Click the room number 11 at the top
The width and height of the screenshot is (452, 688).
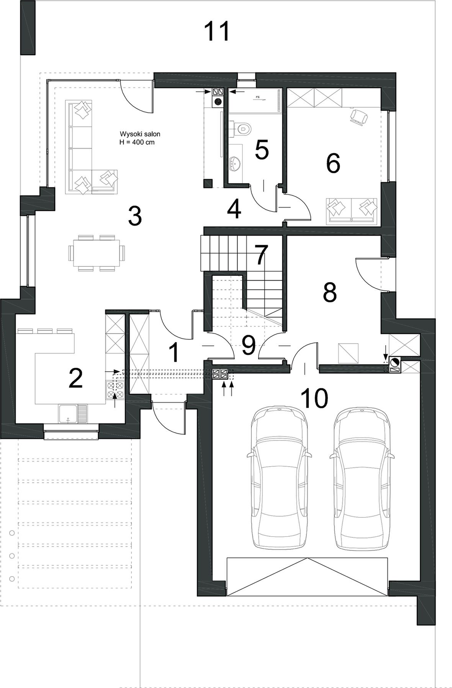coord(217,31)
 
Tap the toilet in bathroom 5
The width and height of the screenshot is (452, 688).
coord(241,128)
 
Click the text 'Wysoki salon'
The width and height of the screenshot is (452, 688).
coord(140,134)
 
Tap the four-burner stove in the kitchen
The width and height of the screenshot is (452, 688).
coord(115,390)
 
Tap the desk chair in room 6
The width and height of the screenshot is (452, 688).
coord(359,116)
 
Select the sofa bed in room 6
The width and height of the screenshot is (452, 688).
coord(352,211)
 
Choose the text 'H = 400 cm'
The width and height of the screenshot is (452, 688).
coord(138,142)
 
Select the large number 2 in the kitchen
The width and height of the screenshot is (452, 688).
coord(75,378)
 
